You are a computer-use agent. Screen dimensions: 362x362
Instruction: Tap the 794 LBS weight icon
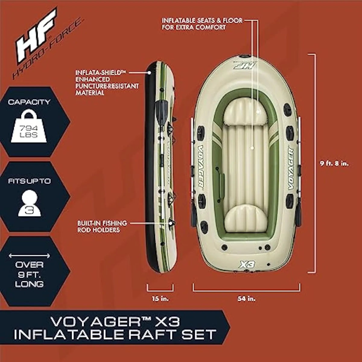[x=29, y=127]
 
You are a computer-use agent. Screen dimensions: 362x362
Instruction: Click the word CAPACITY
[x=29, y=102]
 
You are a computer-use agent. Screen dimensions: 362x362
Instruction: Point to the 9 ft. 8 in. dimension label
[x=334, y=164]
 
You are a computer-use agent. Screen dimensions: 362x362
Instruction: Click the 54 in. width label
[x=246, y=299]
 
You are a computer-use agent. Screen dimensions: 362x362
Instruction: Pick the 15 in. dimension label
[x=160, y=299]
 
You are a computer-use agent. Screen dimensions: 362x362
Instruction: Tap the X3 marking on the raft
[x=247, y=265]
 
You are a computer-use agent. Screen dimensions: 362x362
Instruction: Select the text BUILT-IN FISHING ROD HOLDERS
[x=102, y=227]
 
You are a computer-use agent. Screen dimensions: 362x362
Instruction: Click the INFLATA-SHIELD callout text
[x=107, y=83]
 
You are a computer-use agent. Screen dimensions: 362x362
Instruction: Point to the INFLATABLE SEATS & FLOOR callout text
[x=202, y=24]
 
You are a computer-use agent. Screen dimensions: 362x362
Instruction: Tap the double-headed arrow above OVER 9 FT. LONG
[x=29, y=256]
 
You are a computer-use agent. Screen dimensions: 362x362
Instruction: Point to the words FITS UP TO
[x=29, y=181]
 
